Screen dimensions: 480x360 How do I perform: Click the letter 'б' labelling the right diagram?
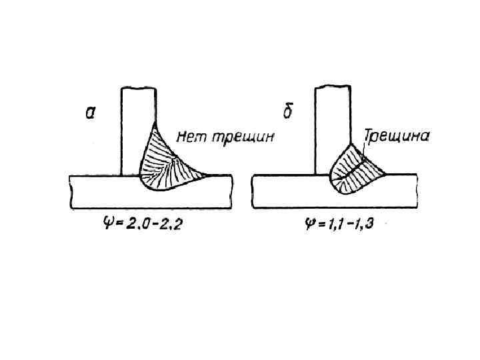point(288,111)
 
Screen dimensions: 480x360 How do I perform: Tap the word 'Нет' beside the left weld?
point(189,137)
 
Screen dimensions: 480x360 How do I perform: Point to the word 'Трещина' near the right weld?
point(397,136)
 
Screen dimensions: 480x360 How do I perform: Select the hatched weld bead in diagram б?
point(356,169)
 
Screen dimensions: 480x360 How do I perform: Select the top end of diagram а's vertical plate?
point(138,88)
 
